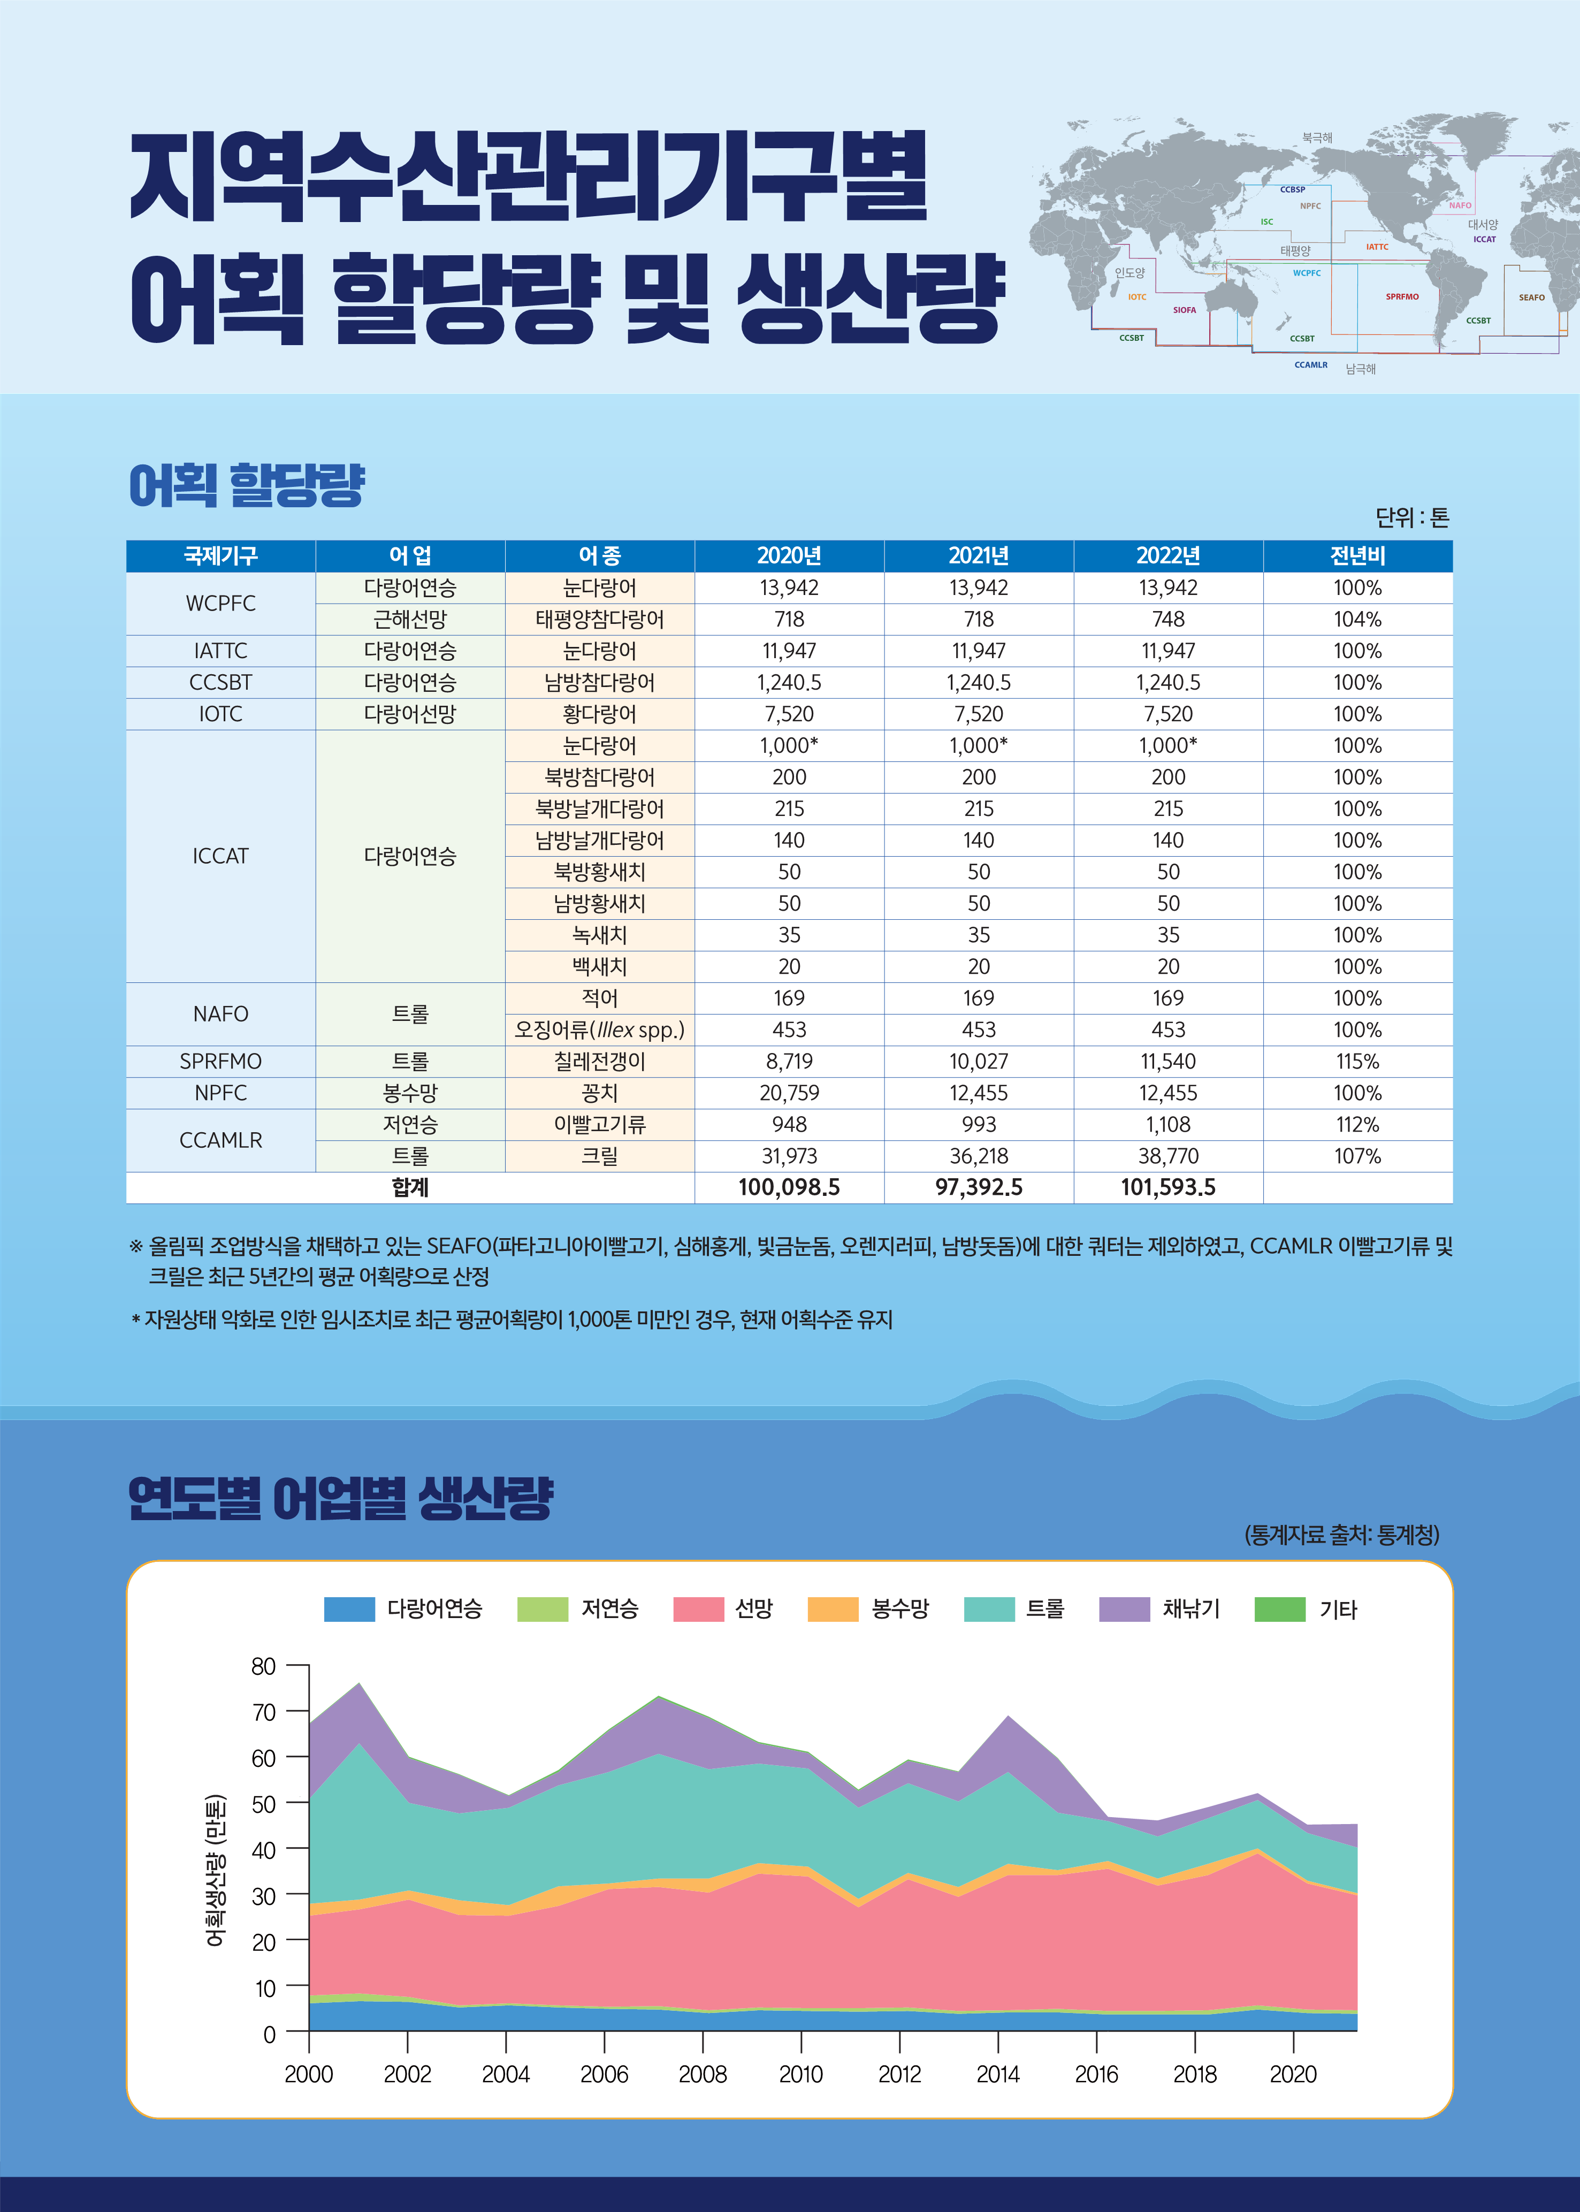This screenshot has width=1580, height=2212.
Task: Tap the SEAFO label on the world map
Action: (1531, 298)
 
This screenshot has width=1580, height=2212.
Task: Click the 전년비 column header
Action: (1357, 555)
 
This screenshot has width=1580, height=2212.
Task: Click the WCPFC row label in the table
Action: (221, 603)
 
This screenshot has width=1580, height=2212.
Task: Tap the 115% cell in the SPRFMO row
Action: (1357, 1061)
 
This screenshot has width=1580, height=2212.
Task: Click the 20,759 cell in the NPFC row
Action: (789, 1093)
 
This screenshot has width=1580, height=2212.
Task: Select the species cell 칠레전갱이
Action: (599, 1061)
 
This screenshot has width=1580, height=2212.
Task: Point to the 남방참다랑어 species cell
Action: (599, 682)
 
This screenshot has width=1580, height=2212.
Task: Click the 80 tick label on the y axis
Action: (264, 1666)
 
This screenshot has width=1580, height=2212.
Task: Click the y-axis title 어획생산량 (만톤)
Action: (216, 1870)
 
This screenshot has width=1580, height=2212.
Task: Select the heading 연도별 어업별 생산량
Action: (340, 1498)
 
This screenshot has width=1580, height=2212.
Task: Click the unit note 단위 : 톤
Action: (1411, 517)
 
